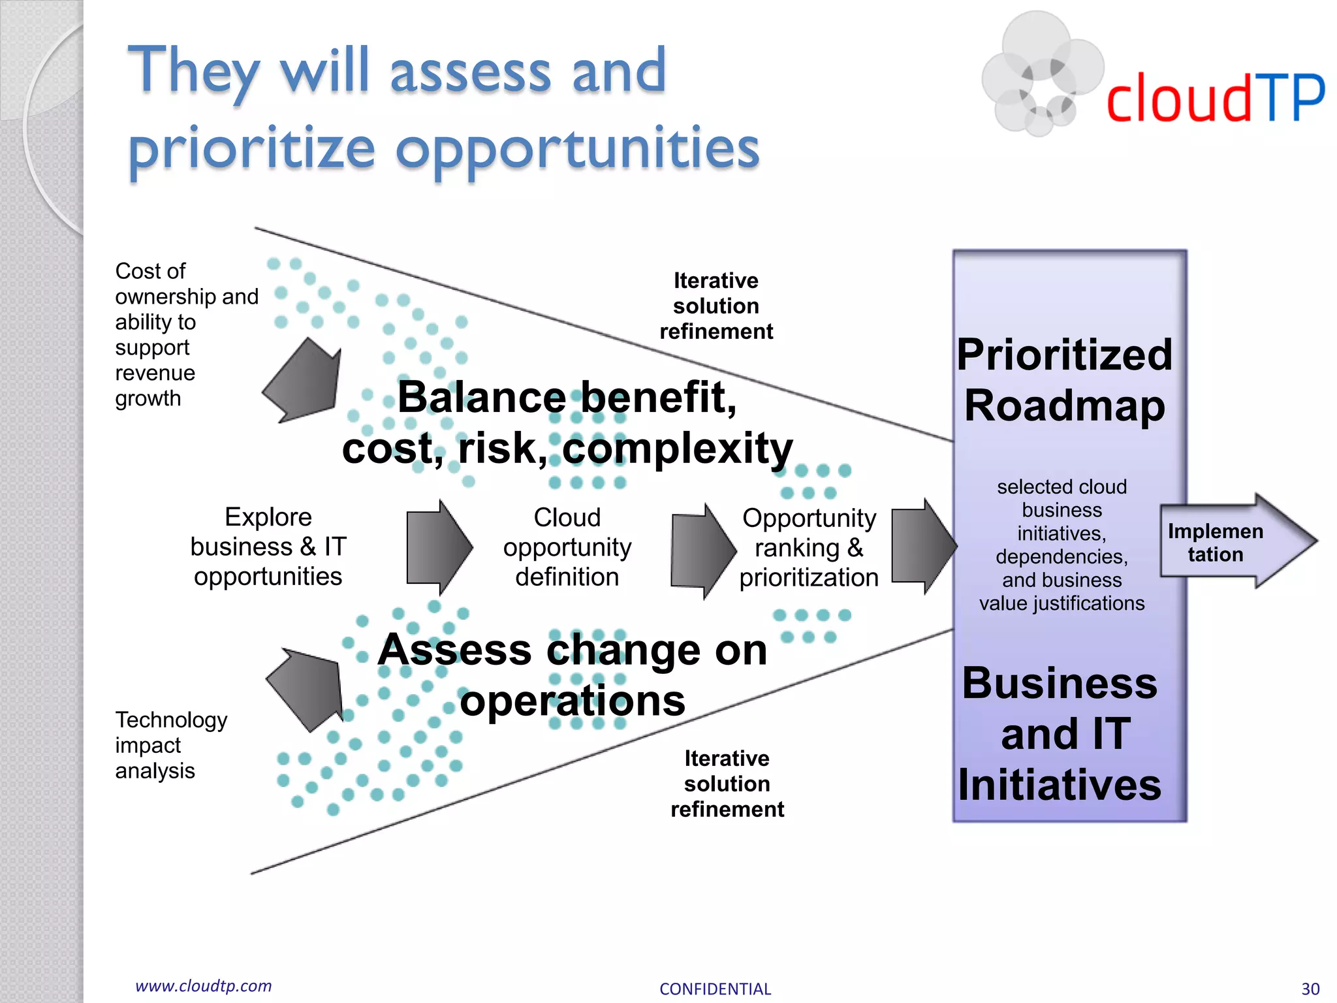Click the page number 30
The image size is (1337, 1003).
(x=1310, y=989)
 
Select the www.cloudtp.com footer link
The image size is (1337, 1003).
(x=203, y=985)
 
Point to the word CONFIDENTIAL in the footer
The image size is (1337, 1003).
(x=715, y=989)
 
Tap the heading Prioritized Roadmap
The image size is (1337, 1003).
(x=1064, y=380)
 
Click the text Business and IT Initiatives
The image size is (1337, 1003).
(x=1060, y=733)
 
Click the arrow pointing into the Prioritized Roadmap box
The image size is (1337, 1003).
(x=922, y=546)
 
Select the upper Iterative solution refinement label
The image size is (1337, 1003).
(x=716, y=306)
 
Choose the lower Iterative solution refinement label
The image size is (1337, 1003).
(x=727, y=784)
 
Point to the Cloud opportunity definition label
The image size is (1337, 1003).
(x=567, y=547)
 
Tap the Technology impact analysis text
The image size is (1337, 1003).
(x=171, y=745)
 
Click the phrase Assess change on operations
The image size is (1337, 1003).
(x=572, y=675)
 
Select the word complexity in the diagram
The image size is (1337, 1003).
(x=677, y=449)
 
